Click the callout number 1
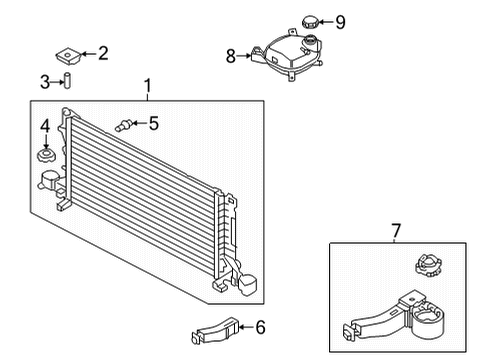(x=148, y=87)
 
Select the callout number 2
(x=102, y=53)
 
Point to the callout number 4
(x=45, y=126)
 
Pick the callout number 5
(x=153, y=124)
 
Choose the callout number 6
(x=260, y=326)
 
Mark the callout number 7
(x=396, y=232)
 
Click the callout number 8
(x=231, y=57)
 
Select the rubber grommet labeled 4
(x=46, y=158)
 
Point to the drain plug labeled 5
(x=125, y=125)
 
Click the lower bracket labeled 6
(x=215, y=327)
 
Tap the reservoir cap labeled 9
(x=305, y=22)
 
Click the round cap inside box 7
(x=424, y=268)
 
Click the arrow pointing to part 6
(x=246, y=326)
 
